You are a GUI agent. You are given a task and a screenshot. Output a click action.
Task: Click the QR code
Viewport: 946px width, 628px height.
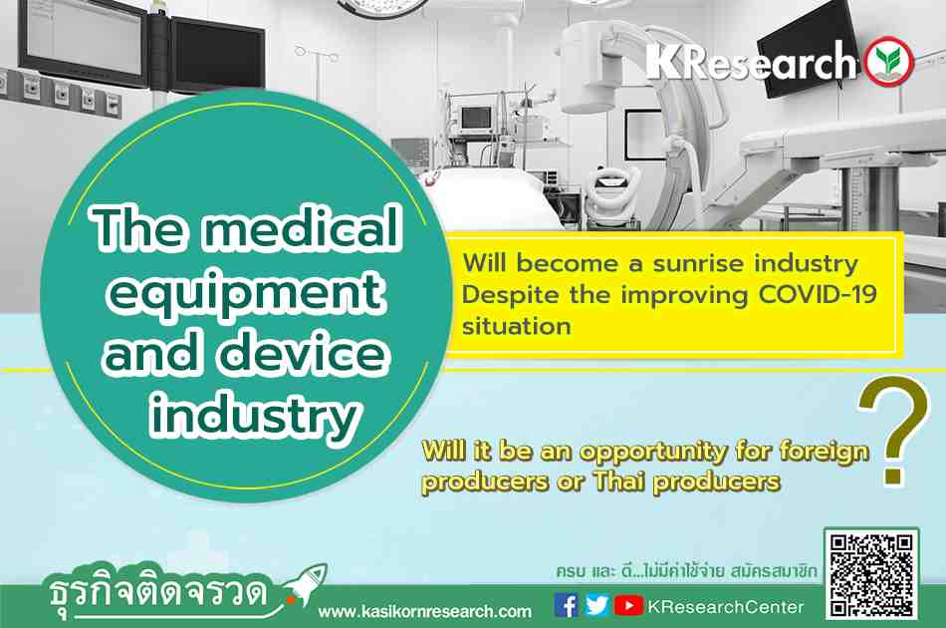(871, 575)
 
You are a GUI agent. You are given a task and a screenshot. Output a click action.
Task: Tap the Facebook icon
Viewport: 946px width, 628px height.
(566, 606)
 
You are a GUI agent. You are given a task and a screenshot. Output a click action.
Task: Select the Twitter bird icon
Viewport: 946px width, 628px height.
(596, 605)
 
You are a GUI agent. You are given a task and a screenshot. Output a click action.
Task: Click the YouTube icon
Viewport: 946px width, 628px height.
(628, 606)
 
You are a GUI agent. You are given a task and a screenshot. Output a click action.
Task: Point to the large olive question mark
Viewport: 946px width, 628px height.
(894, 430)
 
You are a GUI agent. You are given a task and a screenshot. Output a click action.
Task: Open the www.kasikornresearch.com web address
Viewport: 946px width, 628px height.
(425, 612)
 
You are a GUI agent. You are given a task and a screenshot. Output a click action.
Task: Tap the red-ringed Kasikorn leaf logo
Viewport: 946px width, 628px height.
(889, 62)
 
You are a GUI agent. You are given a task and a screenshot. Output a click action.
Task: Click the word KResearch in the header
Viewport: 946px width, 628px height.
(752, 61)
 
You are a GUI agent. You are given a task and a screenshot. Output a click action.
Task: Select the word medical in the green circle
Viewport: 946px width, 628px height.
(302, 227)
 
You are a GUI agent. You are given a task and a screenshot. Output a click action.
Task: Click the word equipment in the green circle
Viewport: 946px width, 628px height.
(246, 293)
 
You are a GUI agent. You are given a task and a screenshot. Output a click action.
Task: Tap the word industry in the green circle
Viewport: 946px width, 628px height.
(256, 417)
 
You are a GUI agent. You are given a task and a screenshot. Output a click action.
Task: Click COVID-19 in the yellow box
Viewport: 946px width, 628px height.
(818, 295)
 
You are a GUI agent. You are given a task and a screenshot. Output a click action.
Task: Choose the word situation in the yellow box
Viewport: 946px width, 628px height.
(517, 326)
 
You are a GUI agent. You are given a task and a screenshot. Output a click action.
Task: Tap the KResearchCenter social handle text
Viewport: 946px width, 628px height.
(726, 607)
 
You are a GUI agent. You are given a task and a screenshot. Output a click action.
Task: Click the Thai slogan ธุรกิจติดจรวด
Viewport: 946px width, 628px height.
(158, 592)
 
